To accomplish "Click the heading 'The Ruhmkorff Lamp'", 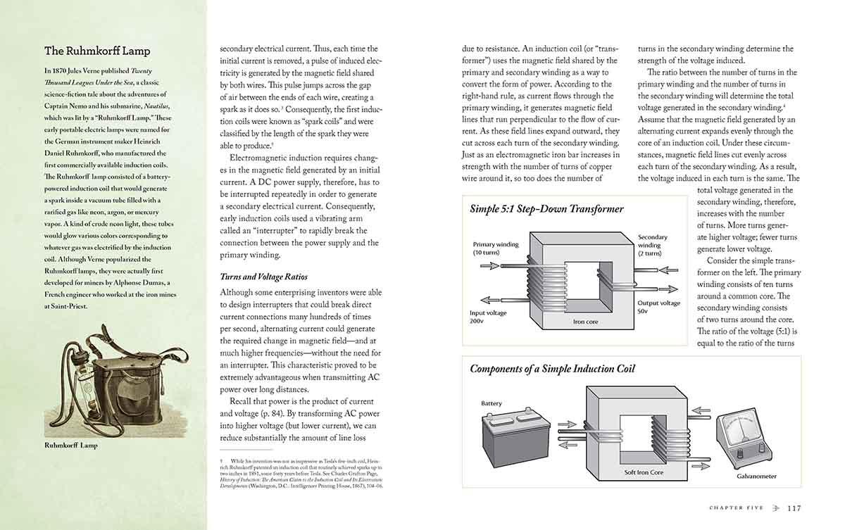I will pos(97,51).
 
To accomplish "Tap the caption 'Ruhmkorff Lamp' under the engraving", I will pos(71,445).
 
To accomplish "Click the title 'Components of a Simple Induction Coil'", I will pos(552,369).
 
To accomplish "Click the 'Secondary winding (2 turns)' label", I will pos(652,245).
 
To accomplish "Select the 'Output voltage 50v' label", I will pos(659,307).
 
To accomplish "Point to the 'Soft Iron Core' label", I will pos(644,472).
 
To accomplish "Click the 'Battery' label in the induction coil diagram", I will pos(492,403).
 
